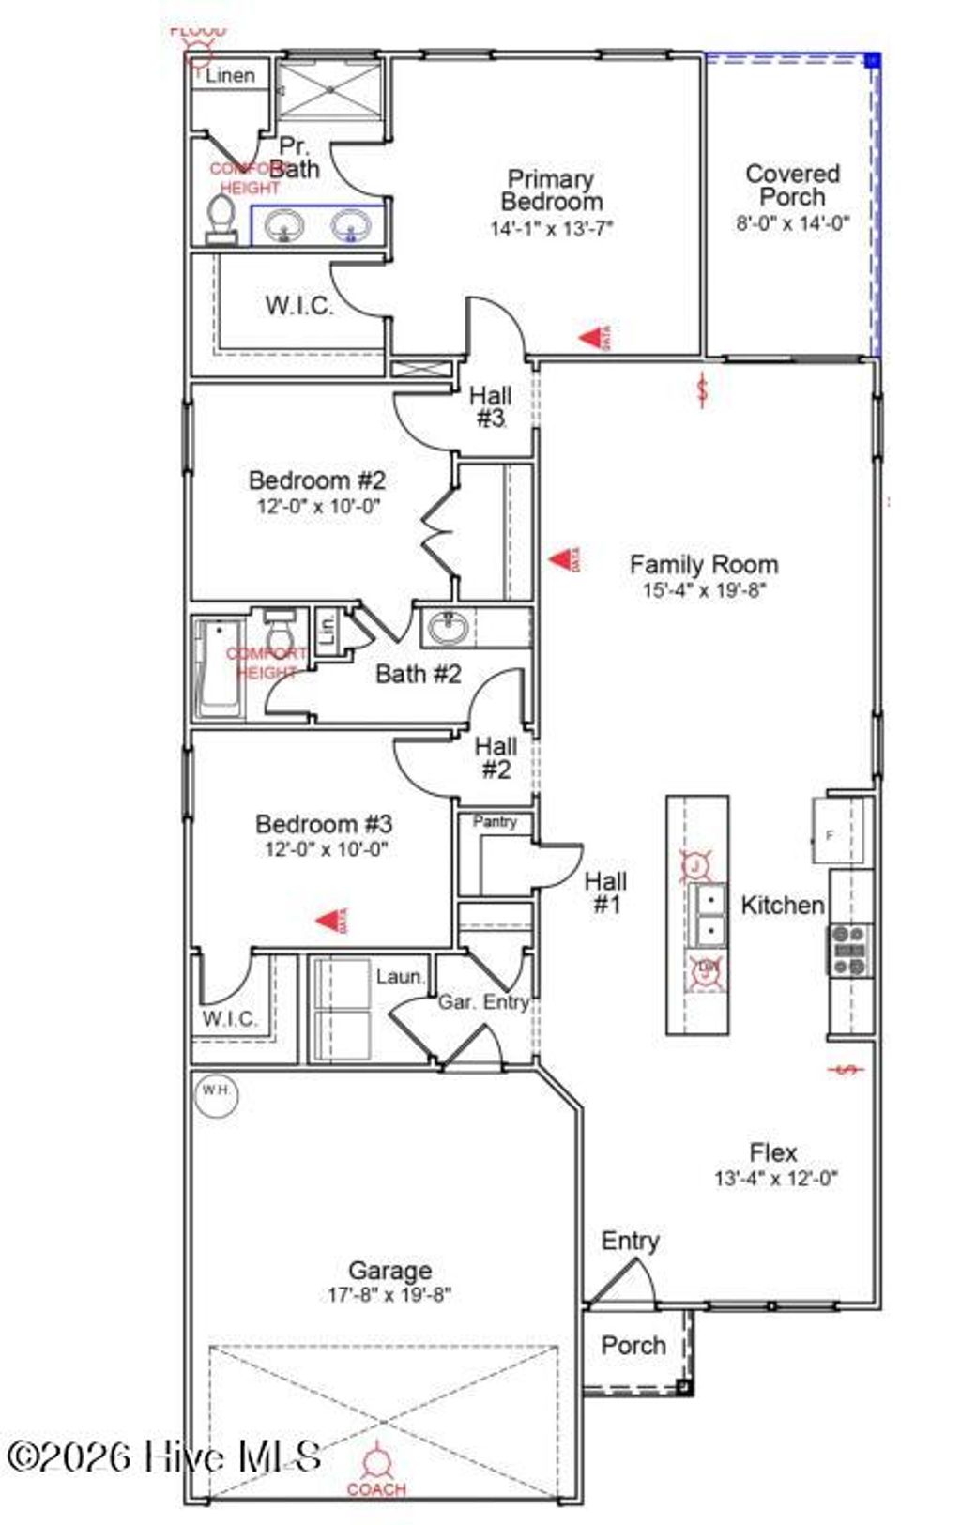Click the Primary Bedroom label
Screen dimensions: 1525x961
[551, 190]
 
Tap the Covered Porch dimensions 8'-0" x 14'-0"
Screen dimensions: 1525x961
[792, 223]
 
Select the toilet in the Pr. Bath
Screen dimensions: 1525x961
[221, 218]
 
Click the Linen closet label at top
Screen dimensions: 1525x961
[230, 76]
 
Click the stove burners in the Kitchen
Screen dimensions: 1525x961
[849, 950]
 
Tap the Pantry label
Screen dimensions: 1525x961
[495, 821]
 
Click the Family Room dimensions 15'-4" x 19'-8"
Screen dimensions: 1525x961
[704, 590]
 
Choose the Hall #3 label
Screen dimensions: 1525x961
[491, 406]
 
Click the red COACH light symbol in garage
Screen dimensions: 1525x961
[376, 1461]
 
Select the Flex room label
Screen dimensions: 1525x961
[773, 1152]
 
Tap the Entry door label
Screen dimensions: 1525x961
[630, 1241]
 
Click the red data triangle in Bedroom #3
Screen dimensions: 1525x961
[331, 921]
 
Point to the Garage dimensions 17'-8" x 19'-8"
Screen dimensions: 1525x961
[389, 1295]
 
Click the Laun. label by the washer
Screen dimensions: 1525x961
[400, 977]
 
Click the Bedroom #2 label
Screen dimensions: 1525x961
[316, 480]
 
